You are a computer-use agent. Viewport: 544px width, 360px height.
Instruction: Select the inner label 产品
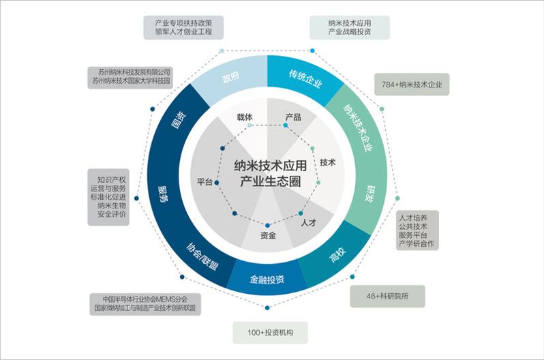coord(292,117)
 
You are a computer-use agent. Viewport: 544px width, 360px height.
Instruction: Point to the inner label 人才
coord(309,222)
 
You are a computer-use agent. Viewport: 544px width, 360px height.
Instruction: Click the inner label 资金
coord(268,236)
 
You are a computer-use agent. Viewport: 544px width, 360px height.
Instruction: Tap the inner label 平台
coord(205,182)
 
